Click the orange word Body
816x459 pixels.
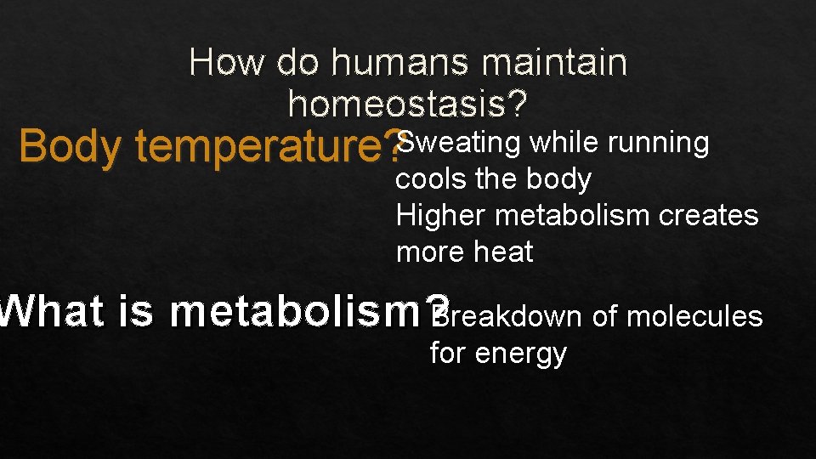pos(71,147)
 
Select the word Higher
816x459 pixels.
pos(441,216)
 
